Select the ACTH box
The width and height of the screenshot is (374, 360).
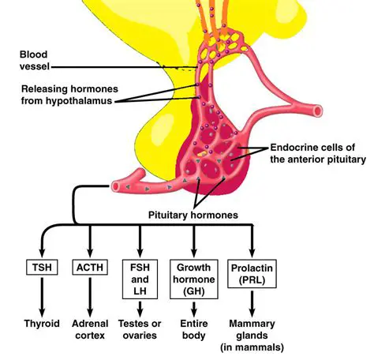pyautogui.click(x=90, y=268)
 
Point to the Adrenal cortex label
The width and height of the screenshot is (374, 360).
pyautogui.click(x=90, y=330)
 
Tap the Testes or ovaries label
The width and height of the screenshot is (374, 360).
pyautogui.click(x=140, y=330)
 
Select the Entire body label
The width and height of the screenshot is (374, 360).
pyautogui.click(x=194, y=330)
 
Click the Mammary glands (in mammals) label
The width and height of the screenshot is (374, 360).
pyautogui.click(x=254, y=336)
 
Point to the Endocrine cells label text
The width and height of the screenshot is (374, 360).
pyautogui.click(x=316, y=153)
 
